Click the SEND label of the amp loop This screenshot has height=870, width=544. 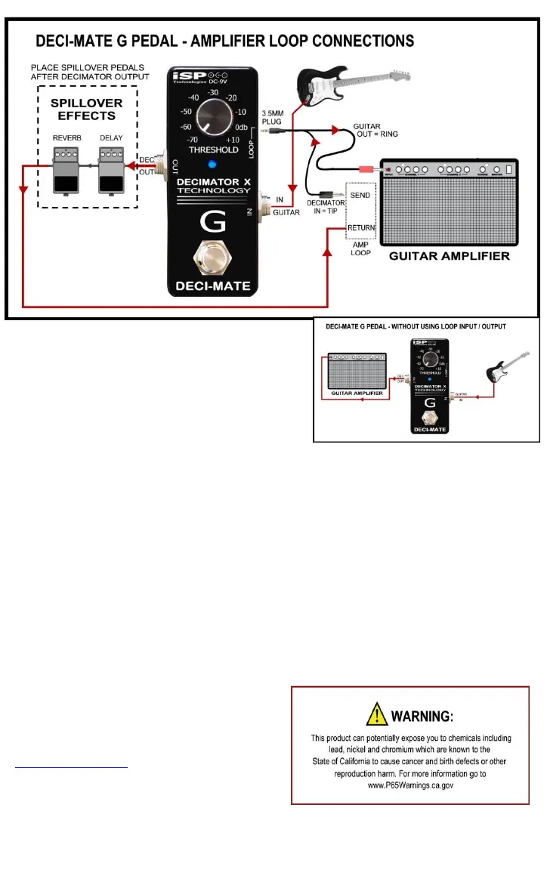[360, 196]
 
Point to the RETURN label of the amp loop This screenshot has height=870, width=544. [360, 227]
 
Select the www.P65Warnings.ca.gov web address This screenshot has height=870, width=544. [410, 785]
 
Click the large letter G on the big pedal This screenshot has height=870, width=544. [210, 224]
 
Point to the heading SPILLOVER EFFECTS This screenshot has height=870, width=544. [87, 110]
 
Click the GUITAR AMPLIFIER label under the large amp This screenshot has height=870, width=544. [449, 256]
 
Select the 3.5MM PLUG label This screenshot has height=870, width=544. [272, 119]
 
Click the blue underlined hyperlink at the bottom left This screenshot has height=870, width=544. [72, 766]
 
